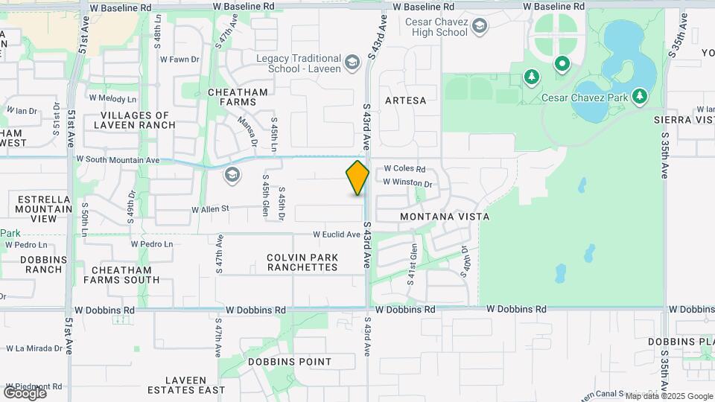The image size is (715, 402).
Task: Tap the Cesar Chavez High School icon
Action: [480, 28]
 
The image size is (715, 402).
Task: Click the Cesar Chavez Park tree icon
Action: [639, 96]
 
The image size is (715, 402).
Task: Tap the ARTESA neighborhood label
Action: [406, 100]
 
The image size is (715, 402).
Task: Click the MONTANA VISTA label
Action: [445, 216]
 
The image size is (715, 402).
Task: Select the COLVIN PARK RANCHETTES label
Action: [302, 262]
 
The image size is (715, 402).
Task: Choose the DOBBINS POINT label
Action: [290, 362]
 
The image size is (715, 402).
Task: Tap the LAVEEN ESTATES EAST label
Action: [186, 385]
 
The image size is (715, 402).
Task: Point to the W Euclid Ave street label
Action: [337, 234]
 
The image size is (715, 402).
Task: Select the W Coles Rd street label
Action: [404, 169]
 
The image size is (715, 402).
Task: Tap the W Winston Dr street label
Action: [407, 182]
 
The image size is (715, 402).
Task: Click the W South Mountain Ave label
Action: [118, 160]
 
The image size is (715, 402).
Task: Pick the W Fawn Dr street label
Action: [180, 59]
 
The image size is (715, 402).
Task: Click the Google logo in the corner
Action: [25, 392]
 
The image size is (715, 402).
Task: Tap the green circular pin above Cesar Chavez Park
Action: [562, 65]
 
